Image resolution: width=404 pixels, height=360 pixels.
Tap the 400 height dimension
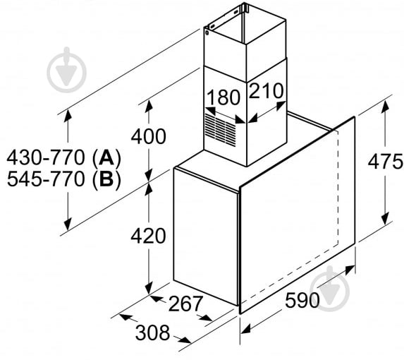[149, 137]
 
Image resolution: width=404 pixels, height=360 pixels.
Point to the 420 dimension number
[149, 235]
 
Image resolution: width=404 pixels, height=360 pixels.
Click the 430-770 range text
[47, 156]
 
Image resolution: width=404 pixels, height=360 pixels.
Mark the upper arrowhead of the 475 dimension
[386, 106]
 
